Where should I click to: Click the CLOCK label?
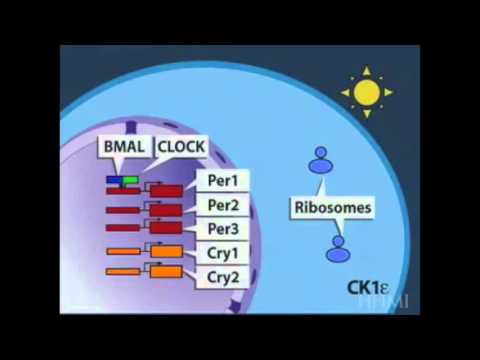[x=181, y=147]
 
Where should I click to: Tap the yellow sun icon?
[x=365, y=93]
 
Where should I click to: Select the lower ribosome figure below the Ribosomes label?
[x=337, y=248]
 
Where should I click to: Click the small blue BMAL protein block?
[x=114, y=180]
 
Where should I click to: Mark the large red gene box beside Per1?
[x=166, y=190]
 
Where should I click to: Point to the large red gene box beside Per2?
[x=166, y=210]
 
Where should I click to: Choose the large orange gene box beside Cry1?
[x=166, y=251]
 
